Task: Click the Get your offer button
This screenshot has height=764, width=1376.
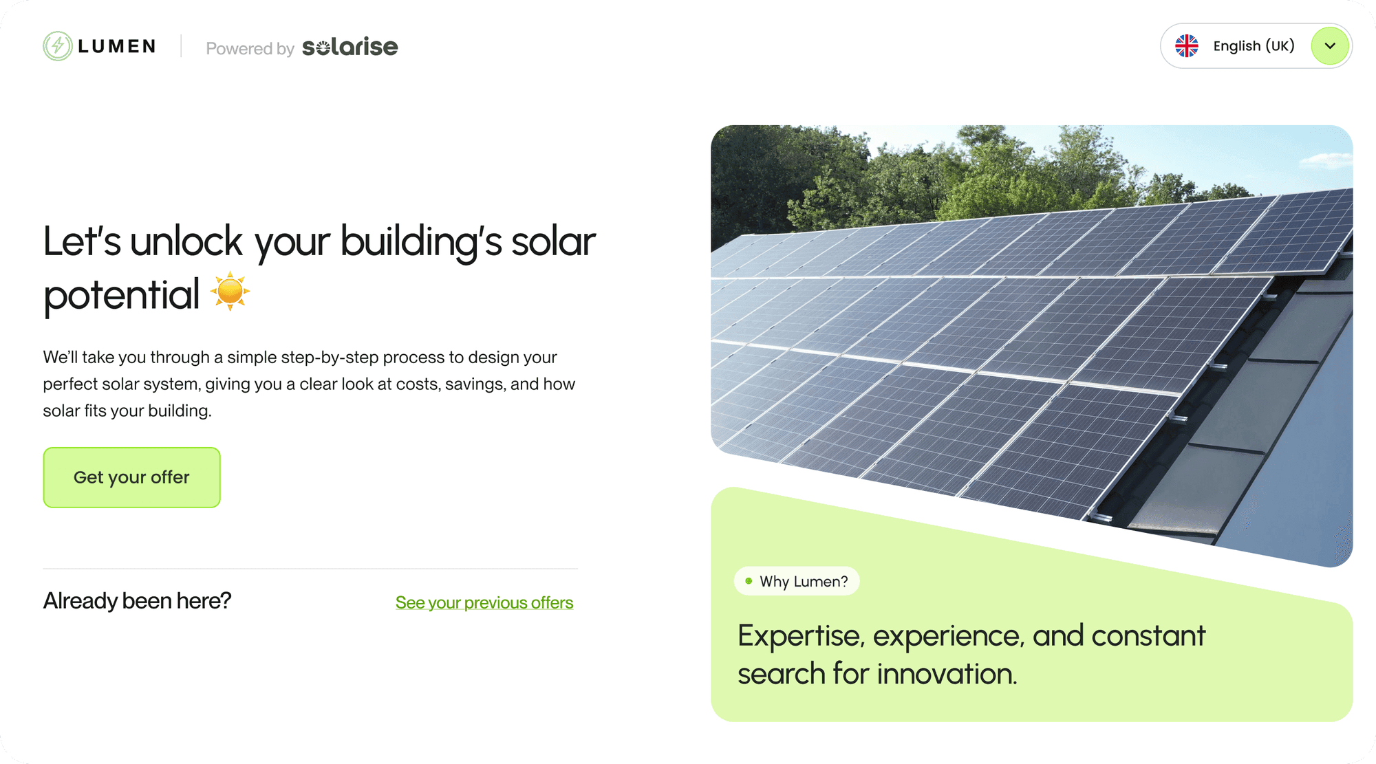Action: pos(131,477)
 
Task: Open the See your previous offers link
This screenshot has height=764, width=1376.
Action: pos(484,603)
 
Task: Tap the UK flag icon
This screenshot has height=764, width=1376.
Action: pos(1187,46)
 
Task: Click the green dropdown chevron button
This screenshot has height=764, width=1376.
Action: pos(1330,46)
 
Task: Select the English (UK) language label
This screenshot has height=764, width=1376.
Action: pos(1254,46)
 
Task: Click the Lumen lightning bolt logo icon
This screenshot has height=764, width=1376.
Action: pos(58,46)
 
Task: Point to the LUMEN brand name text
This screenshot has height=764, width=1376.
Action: pos(117,46)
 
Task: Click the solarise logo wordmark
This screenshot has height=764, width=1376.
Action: pos(350,47)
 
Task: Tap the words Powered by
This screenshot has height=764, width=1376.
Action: pos(250,49)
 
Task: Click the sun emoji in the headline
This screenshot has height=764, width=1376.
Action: pos(230,292)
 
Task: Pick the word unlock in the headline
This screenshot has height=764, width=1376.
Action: pos(186,242)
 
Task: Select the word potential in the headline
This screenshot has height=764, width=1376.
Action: pos(121,296)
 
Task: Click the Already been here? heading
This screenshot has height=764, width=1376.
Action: pos(137,601)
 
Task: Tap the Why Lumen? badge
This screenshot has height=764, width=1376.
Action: pos(797,581)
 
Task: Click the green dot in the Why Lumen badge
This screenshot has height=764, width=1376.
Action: pos(749,581)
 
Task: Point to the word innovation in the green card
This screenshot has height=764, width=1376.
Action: pos(946,674)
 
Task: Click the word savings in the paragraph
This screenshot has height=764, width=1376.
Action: pos(477,384)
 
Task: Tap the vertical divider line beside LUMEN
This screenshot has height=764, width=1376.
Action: pos(181,46)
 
